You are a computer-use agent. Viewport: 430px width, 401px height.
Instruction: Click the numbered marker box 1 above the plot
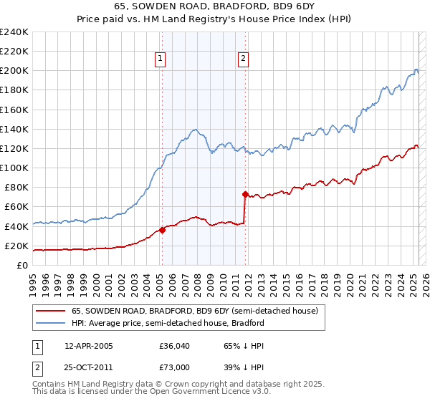pyautogui.click(x=159, y=59)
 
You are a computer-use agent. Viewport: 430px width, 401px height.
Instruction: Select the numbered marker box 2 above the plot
pyautogui.click(x=244, y=59)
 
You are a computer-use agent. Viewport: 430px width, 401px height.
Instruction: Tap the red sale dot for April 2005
pyautogui.click(x=162, y=230)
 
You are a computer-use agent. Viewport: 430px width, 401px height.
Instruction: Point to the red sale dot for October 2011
pyautogui.click(x=245, y=194)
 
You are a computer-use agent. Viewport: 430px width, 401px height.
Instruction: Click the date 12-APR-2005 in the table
pyautogui.click(x=88, y=346)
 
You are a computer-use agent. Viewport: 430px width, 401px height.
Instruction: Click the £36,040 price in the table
pyautogui.click(x=174, y=346)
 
